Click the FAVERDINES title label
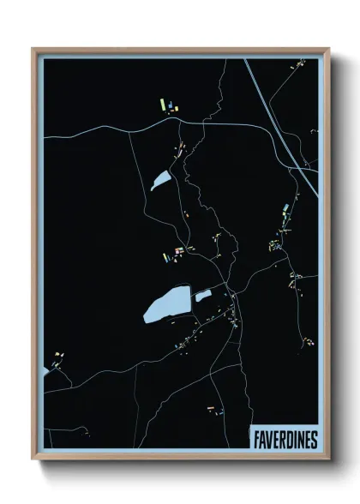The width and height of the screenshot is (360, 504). point(285,439)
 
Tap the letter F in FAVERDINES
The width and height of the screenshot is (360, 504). point(256,439)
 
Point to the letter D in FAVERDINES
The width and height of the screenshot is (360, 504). point(286,439)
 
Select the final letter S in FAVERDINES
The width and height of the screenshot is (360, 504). point(313,439)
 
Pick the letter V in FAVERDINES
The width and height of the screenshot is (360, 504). point(268,439)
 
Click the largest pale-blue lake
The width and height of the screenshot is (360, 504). point(168,304)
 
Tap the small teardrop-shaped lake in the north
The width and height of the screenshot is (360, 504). point(160,180)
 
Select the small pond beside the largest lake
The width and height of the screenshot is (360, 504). point(203,297)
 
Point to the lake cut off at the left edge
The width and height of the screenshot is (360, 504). point(45,370)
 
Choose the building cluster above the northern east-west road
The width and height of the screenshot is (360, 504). point(167,107)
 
